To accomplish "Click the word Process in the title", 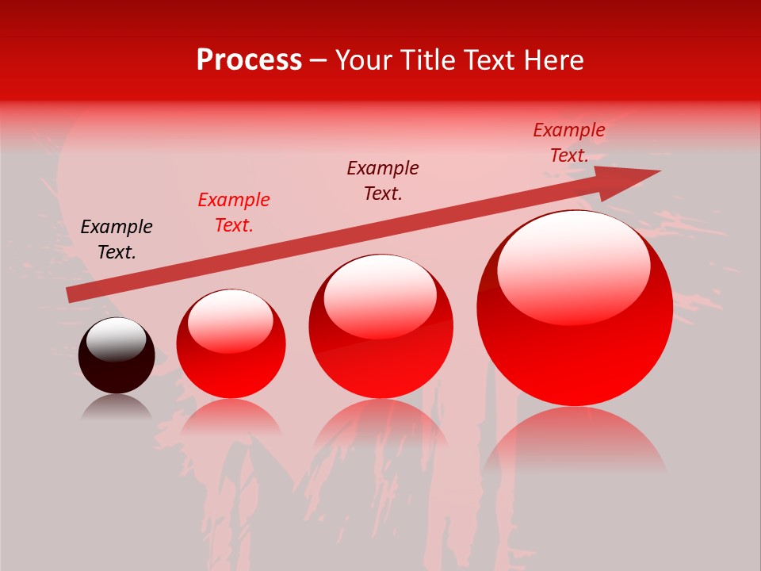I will (249, 60).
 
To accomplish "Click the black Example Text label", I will (117, 240).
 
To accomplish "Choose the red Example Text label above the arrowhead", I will (569, 143).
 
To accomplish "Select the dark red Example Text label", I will (383, 181).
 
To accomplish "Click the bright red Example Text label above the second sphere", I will (234, 213).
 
